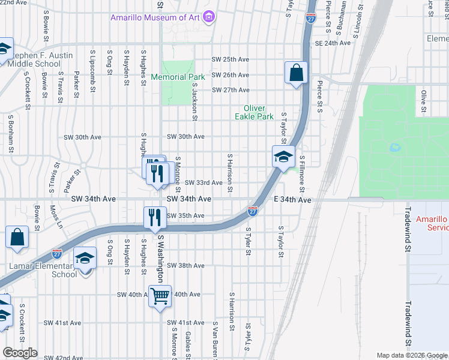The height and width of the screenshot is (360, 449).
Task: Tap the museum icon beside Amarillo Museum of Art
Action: pos(208,17)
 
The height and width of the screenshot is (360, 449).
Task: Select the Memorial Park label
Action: pos(178,77)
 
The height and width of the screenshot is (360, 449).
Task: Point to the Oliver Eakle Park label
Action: pos(254,112)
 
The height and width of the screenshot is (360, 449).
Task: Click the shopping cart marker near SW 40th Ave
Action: pos(160,296)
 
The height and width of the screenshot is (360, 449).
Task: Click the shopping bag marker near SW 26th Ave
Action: pos(297,73)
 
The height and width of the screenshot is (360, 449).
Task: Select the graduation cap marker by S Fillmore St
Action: pos(283,157)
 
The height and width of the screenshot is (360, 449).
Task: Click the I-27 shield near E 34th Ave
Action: pos(253,211)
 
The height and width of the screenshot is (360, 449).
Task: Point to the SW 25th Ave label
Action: pos(230,60)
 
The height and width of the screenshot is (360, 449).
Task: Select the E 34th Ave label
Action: pos(292,199)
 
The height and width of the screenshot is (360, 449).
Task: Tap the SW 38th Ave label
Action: pos(185,265)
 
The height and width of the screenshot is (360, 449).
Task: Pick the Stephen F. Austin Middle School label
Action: pos(40,59)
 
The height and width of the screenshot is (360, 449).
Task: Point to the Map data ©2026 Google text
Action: pos(411,356)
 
